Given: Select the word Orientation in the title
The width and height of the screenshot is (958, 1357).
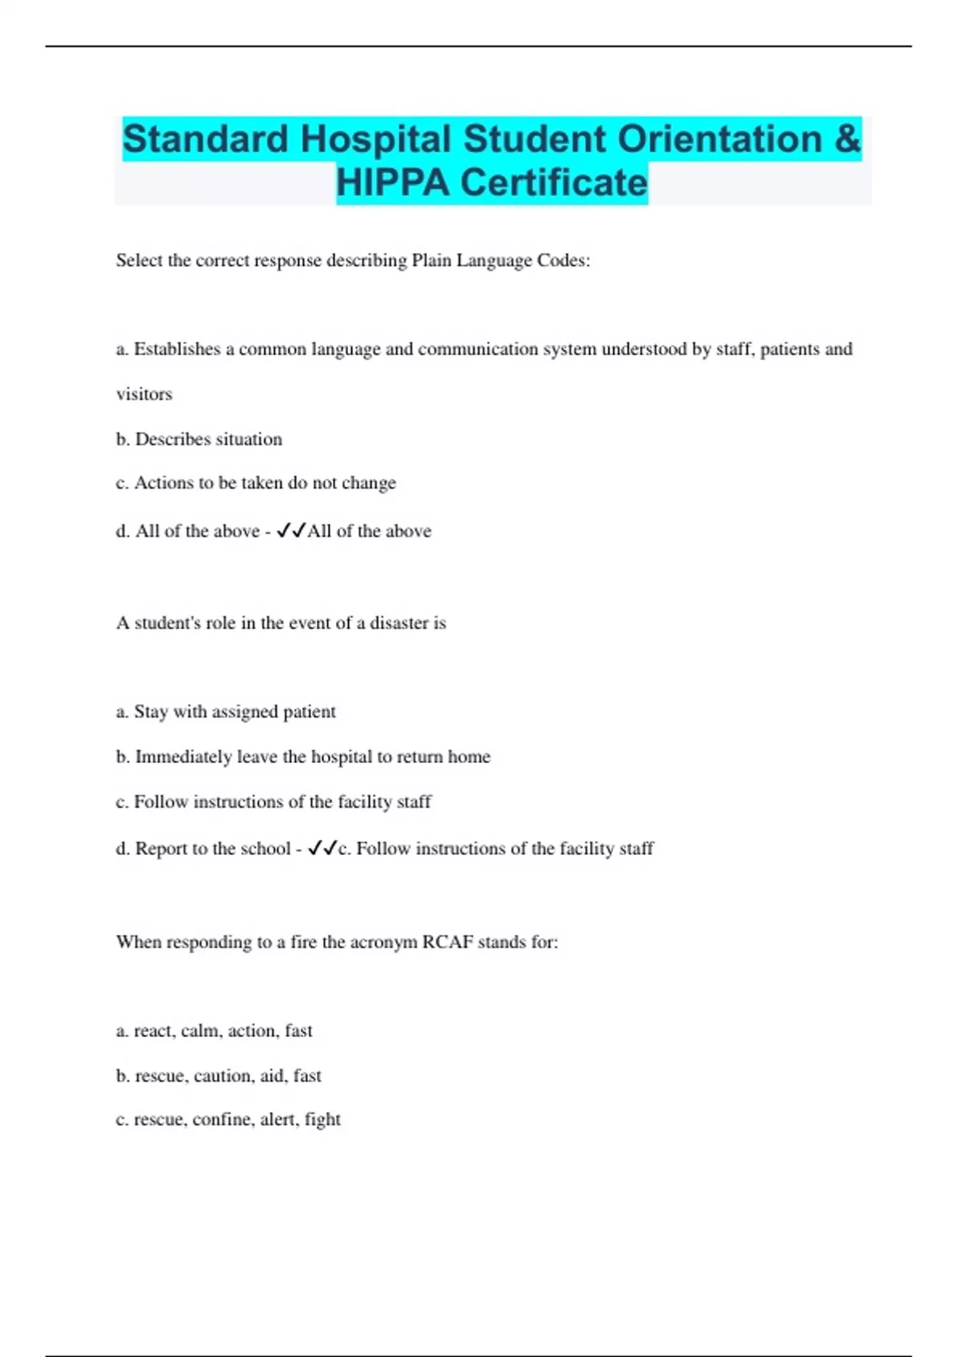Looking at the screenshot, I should coord(719,139).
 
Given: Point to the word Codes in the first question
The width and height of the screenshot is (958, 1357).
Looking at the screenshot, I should coord(564,260).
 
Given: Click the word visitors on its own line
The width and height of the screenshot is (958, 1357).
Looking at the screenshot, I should coord(144,394).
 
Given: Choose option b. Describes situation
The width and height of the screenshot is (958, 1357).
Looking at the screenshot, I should coord(199,439).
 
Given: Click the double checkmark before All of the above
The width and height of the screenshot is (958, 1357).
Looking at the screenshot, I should coord(291,531).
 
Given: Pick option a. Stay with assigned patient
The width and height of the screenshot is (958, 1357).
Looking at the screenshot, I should coord(226,711).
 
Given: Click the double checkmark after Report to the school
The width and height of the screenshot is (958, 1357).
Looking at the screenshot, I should coord(322,849).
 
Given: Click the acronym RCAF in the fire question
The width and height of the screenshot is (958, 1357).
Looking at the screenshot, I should coord(447,942).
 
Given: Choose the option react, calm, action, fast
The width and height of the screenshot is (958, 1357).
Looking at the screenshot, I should coord(214,1031).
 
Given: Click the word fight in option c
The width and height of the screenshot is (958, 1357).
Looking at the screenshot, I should coord(323,1120).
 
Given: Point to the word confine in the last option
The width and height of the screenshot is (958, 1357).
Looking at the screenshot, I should coord(222,1120).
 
